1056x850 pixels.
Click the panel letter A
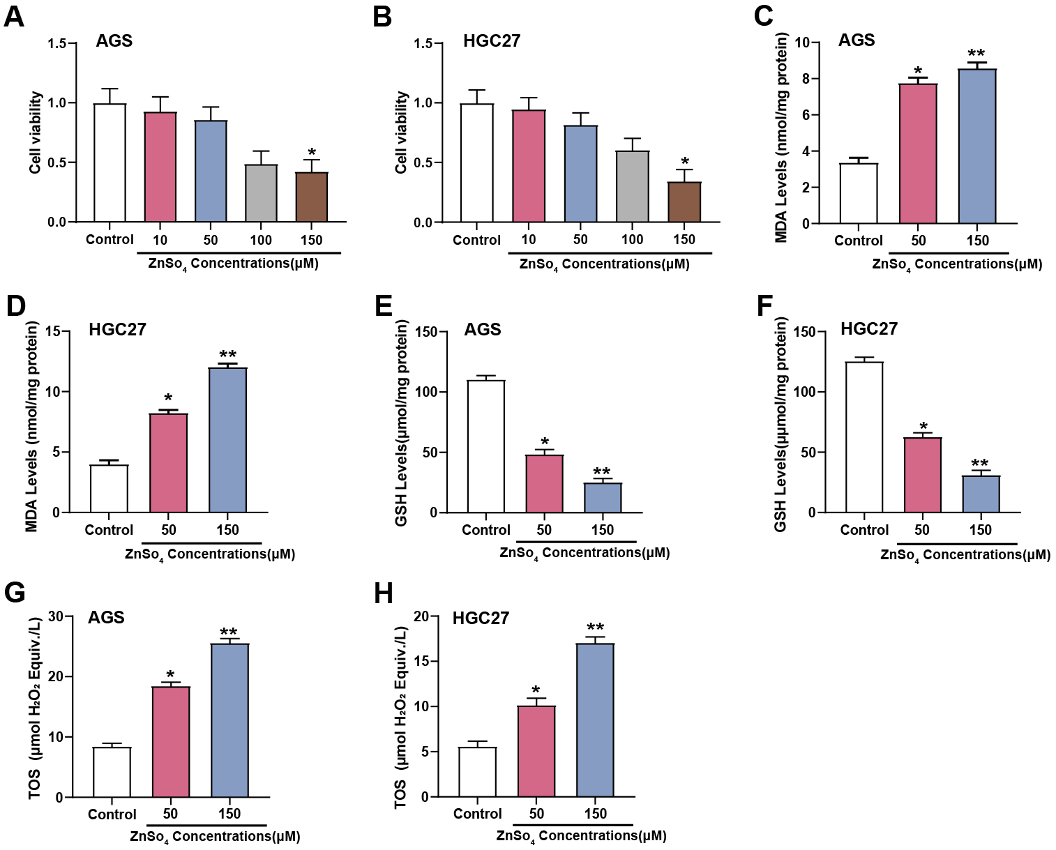point(14,16)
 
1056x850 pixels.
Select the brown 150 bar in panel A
point(312,197)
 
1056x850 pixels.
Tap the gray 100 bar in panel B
point(633,187)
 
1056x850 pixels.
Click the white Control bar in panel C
point(859,193)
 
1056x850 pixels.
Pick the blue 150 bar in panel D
point(228,440)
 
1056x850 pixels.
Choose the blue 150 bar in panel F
point(981,494)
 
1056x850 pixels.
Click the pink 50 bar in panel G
point(171,742)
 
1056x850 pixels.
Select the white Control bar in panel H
point(478,772)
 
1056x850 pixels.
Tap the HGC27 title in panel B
point(492,41)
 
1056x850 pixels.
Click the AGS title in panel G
point(106,618)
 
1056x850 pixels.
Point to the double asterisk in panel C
point(976,54)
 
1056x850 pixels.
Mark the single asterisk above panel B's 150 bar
point(685,162)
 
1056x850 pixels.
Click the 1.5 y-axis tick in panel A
point(57,44)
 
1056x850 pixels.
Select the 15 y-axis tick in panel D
point(52,331)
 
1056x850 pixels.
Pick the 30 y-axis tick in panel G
point(55,616)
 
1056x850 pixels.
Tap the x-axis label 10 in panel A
point(160,241)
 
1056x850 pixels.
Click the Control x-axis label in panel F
point(864,530)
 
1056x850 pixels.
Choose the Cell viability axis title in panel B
point(401,132)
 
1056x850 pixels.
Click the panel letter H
point(384,594)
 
